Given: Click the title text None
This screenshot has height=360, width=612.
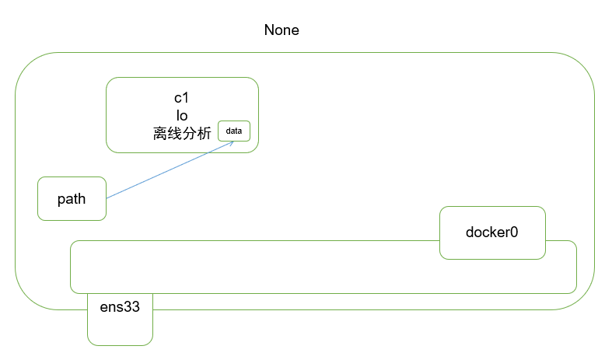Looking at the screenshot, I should pos(282,30).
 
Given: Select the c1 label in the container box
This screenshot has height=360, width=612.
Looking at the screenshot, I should pos(182,98).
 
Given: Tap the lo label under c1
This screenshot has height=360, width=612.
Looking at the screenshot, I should pos(182,115).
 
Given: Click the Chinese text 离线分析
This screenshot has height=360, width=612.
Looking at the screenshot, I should pos(182,133).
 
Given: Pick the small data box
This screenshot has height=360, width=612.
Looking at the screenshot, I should pos(233,131).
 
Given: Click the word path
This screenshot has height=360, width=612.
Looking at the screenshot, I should pos(72,198).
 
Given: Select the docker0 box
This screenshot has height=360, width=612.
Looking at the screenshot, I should pos(491,232).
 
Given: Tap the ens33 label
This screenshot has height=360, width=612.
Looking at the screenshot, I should pos(120,306).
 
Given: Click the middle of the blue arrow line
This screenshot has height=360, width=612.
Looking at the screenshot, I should pos(170,170).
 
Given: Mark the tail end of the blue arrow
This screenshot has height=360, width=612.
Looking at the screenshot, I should pos(107,197).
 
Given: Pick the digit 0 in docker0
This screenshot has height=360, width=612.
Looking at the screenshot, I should pos(512,232).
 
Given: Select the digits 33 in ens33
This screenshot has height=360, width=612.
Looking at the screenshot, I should pos(132,306).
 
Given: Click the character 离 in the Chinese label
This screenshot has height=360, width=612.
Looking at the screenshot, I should pos(161,133).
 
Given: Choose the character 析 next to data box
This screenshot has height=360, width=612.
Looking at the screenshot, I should pos(204,133).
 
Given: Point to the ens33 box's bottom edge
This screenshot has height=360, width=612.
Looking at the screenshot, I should pos(120,344).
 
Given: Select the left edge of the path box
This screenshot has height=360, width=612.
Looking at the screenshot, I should pos(38,198).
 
